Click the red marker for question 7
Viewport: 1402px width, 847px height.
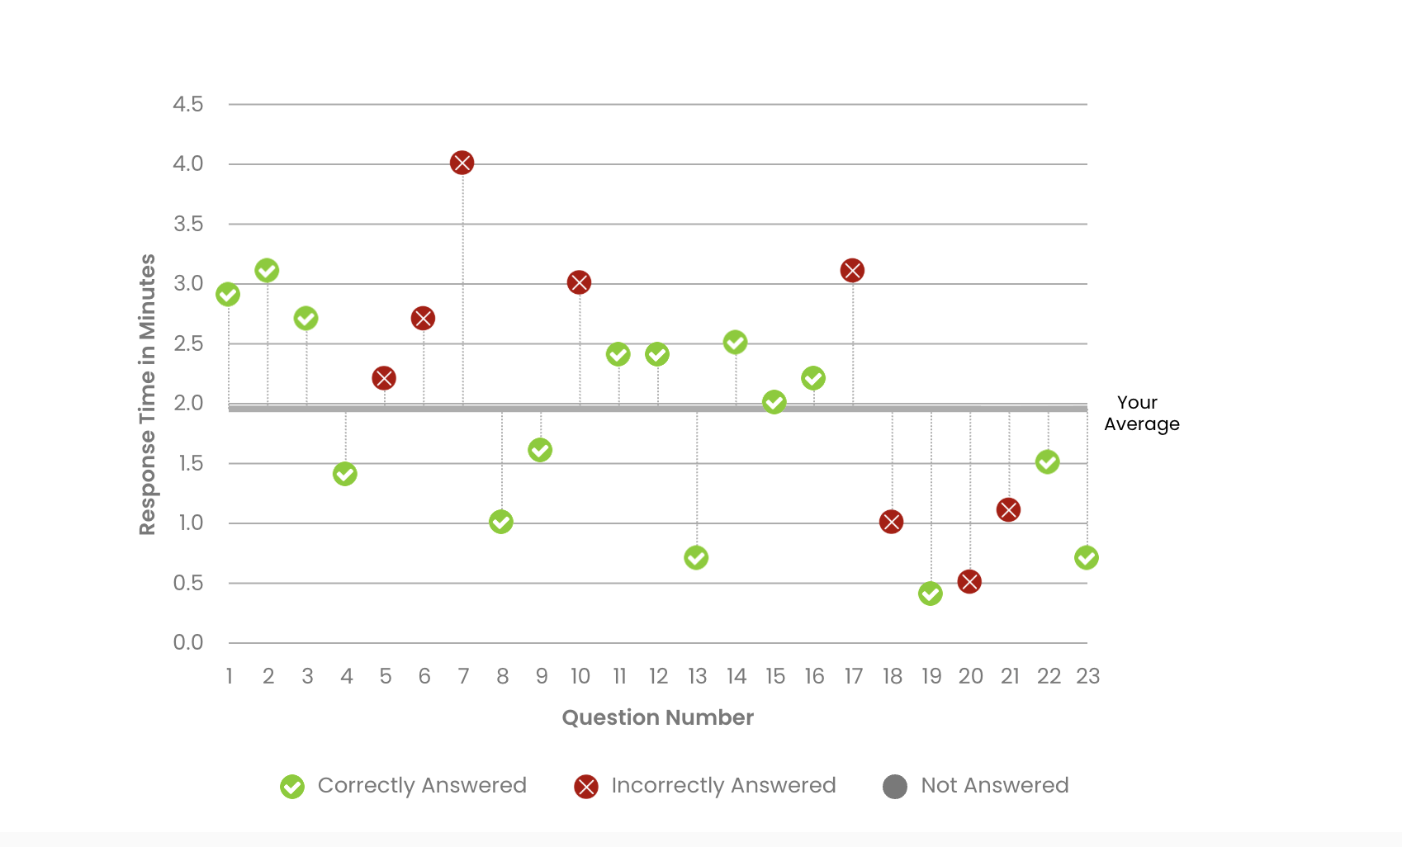pos(462,163)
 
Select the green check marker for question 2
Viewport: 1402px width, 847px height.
pos(267,271)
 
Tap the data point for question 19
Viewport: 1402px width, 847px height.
pos(931,594)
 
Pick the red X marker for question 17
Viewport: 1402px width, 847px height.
pos(852,271)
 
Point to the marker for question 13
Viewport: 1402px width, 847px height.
pos(696,558)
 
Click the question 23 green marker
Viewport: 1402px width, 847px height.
pos(1087,558)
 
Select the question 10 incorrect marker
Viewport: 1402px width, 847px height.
pos(579,282)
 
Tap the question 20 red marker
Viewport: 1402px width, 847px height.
pos(969,582)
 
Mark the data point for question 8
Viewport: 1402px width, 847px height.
pos(501,522)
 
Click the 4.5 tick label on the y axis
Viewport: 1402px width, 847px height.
pos(188,104)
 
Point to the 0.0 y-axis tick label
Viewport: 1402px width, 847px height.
pos(188,642)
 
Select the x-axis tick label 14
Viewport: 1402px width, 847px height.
pos(737,677)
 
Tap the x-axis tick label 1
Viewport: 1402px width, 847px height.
pos(230,677)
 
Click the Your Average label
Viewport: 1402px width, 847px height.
pos(1141,413)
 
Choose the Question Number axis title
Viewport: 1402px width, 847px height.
pos(657,717)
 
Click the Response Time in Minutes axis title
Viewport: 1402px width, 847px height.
pos(147,395)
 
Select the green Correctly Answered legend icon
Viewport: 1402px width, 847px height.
pos(292,787)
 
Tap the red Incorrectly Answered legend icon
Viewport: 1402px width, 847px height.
pos(586,787)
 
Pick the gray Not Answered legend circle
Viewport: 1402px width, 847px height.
pos(895,787)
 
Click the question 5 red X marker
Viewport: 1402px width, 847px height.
pos(384,378)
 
